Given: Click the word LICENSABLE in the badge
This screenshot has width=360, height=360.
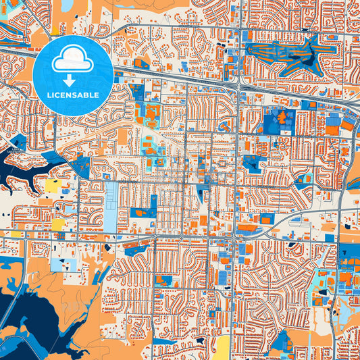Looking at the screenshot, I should [x=73, y=95].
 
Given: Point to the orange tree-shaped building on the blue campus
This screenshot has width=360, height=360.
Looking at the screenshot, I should [x=281, y=122].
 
